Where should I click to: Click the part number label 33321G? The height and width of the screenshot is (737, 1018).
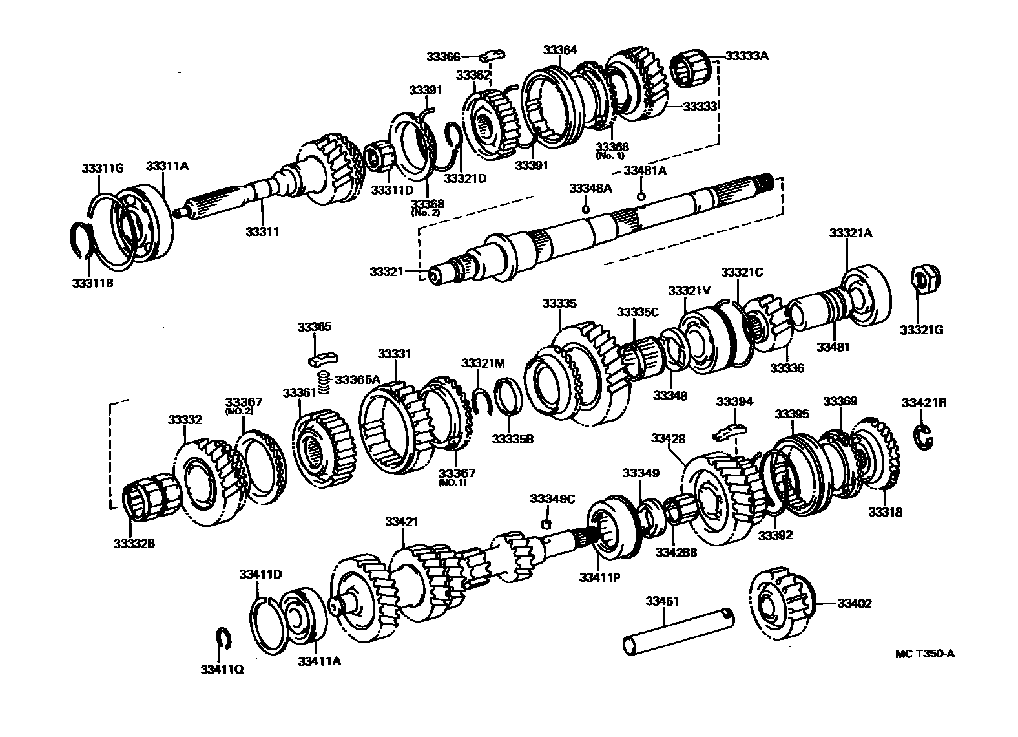921,330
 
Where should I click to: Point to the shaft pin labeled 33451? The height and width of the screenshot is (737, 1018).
678,630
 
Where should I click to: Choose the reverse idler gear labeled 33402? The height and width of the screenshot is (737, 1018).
782,603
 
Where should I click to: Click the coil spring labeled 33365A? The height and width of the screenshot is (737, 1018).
326,382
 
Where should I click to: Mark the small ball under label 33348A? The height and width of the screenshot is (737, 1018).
585,208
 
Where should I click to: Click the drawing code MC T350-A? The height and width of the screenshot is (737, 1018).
924,654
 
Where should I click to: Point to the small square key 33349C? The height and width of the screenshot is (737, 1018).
546,524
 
